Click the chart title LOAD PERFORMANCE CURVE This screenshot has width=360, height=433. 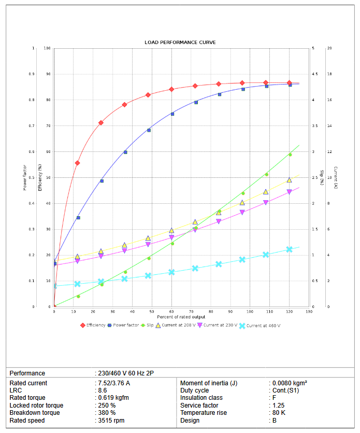pos(180,42)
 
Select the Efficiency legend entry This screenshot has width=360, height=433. pos(95,325)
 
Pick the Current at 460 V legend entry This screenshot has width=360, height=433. pos(263,326)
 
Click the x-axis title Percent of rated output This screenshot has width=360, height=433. pos(181,317)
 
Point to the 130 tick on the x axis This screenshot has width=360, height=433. pos(309,311)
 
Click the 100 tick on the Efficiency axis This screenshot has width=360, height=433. pos(48,48)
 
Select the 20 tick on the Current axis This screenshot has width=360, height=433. pos(329,48)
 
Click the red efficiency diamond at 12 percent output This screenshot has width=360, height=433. pos(78,163)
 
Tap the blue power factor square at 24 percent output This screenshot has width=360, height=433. pos(102,181)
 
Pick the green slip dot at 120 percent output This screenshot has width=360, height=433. pos(290,155)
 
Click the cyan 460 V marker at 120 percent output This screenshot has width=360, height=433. pos(290,249)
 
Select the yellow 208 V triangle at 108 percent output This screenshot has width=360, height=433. pos(266,192)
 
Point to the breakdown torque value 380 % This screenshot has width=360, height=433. pos(107,413)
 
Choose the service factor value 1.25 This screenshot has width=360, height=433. pos(279,406)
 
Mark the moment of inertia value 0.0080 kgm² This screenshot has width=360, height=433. pos(290,383)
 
